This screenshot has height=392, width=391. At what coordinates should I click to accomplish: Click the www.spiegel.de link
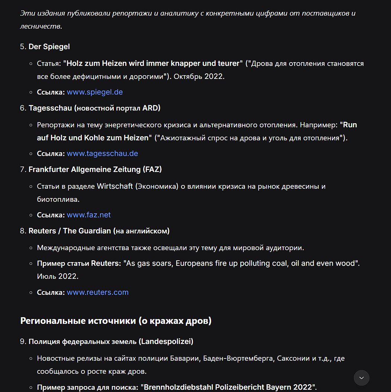[95, 92]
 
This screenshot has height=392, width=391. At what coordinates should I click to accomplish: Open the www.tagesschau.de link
[102, 153]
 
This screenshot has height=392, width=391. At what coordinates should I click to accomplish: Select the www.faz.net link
[88, 215]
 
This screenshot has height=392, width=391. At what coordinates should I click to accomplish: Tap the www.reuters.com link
[97, 292]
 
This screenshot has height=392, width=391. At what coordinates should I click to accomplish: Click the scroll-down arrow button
[362, 378]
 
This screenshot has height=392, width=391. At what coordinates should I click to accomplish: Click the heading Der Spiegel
[49, 47]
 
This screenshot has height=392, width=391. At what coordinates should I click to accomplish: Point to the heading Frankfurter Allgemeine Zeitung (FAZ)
[95, 169]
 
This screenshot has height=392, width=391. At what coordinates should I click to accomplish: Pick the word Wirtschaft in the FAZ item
[115, 186]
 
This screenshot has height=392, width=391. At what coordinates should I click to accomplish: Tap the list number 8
[23, 231]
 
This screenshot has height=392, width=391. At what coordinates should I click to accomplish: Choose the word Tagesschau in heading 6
[50, 108]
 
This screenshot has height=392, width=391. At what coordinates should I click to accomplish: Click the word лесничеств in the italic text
[40, 26]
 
